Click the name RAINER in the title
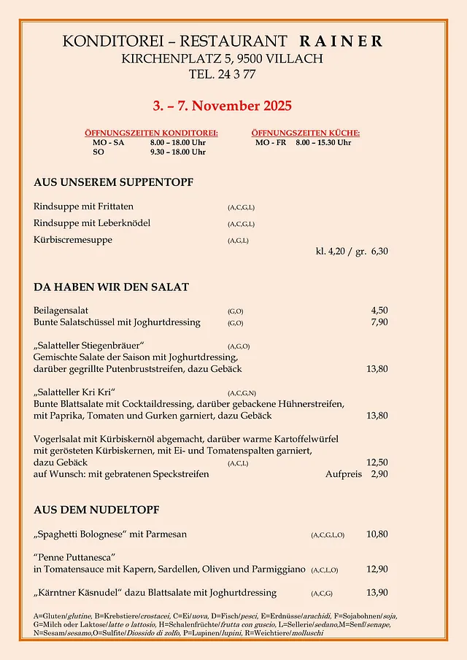tap(341, 42)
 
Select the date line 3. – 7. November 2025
tap(223, 106)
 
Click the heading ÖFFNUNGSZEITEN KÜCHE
tap(306, 133)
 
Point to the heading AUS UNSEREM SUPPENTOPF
tap(113, 182)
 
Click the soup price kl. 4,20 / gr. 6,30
tap(352, 252)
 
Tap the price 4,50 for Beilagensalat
tap(377, 310)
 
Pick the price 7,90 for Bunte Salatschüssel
tap(377, 322)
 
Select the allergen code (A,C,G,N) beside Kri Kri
tap(242, 393)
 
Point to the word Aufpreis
tap(343, 474)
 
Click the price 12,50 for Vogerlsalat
tap(377, 462)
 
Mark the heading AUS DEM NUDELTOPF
tap(96, 510)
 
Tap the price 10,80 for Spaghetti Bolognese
tap(377, 534)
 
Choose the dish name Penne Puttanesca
tap(75, 557)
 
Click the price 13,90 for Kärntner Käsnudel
tap(377, 592)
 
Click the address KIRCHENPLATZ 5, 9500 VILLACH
tap(222, 58)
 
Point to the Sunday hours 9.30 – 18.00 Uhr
tap(177, 152)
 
